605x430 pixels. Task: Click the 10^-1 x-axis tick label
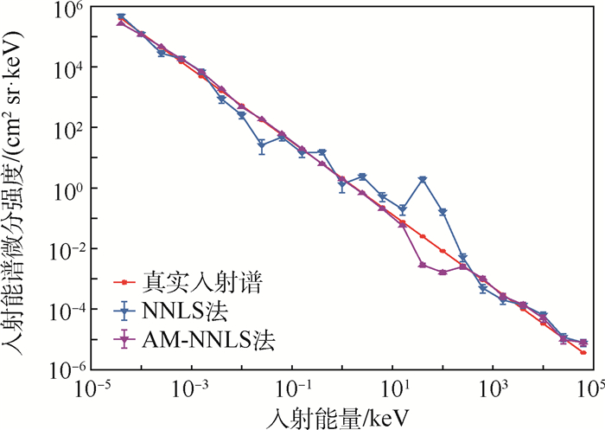[293, 387]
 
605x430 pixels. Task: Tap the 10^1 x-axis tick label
[393, 387]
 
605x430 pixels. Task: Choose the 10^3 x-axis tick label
[493, 387]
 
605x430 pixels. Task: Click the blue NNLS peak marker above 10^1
[423, 179]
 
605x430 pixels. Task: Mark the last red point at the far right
[583, 352]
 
